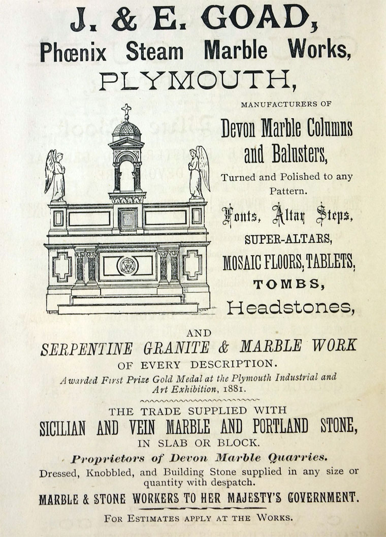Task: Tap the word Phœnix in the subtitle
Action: [74, 51]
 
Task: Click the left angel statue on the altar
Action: [55, 175]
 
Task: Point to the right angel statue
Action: [198, 173]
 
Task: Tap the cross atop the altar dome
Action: [126, 111]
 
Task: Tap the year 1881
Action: [233, 390]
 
